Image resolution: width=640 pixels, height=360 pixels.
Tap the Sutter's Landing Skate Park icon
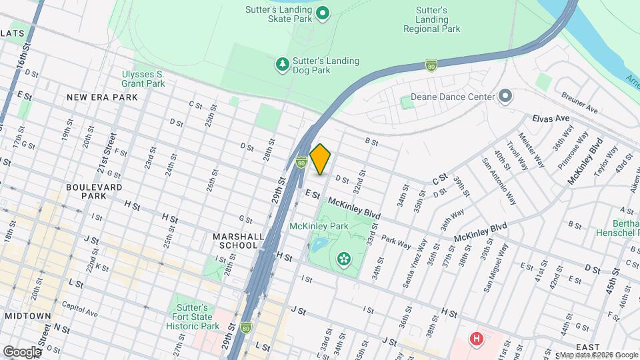(323, 13)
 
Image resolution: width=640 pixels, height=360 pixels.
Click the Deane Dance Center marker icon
(505, 96)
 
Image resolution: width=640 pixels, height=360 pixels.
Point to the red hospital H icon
(476, 339)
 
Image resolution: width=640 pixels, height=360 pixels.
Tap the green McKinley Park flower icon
(344, 258)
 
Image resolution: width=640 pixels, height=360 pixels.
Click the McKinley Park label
(319, 226)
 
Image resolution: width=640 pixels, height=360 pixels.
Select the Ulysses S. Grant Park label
(143, 79)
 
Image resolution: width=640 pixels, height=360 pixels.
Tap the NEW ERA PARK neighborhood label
(102, 97)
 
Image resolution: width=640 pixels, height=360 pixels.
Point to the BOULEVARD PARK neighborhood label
(94, 191)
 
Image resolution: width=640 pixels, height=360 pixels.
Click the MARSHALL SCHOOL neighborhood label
(235, 241)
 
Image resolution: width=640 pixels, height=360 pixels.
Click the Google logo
(22, 351)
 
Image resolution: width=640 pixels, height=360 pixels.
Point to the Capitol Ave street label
(80, 314)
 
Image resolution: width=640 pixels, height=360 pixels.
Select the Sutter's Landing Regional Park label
(431, 20)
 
